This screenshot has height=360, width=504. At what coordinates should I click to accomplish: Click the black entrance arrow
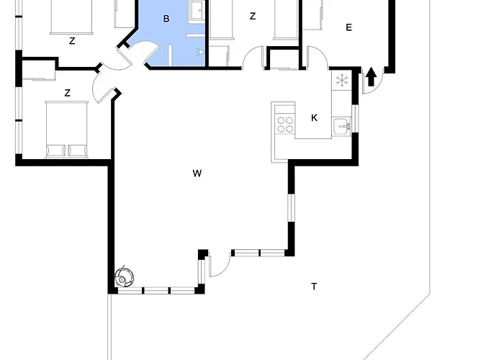[372, 76]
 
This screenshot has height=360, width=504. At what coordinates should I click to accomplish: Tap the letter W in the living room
[197, 174]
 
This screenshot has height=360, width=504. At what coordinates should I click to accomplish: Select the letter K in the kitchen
[315, 118]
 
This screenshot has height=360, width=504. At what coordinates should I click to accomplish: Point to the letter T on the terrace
[314, 286]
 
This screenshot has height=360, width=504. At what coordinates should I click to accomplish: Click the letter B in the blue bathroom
[166, 19]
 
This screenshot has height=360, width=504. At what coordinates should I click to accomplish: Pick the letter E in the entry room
[348, 27]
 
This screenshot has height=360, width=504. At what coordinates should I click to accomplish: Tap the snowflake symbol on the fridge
[342, 81]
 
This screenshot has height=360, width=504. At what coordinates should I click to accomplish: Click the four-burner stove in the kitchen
[285, 125]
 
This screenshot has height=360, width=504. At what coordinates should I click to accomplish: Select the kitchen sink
[342, 126]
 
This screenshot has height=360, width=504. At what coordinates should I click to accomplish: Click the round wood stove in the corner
[124, 277]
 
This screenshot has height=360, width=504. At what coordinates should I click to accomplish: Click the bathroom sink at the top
[197, 10]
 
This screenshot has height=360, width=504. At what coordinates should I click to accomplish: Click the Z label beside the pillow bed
[67, 93]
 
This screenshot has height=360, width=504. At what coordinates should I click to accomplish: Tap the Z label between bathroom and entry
[253, 16]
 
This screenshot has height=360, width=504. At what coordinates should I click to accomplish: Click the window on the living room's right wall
[291, 207]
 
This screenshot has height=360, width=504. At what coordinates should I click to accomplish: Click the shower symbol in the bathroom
[201, 52]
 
